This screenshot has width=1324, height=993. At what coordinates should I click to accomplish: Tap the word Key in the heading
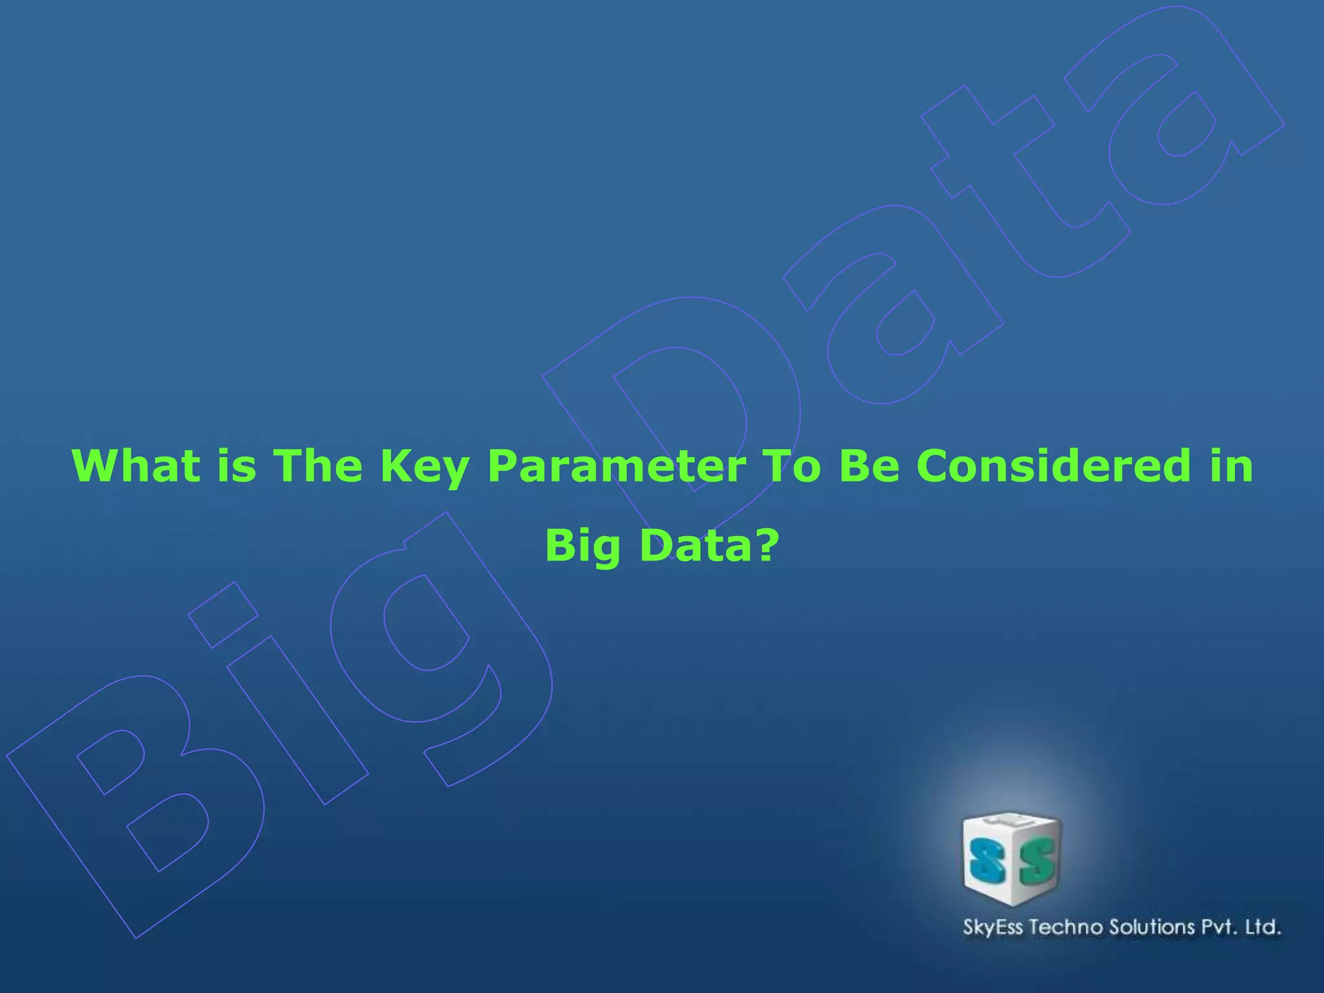click(424, 467)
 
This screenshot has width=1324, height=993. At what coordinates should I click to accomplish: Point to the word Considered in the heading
click(1053, 465)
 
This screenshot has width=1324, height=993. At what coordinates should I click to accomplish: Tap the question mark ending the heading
click(766, 544)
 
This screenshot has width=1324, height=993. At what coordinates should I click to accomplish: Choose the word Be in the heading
click(869, 465)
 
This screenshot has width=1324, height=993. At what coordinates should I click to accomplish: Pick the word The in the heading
click(317, 465)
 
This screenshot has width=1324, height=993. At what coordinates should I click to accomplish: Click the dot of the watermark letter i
click(223, 614)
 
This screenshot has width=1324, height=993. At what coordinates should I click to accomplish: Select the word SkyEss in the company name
click(993, 927)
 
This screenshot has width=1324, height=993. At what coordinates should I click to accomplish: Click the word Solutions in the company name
click(1152, 927)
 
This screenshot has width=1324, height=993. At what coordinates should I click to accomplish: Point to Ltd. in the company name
click(1263, 927)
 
